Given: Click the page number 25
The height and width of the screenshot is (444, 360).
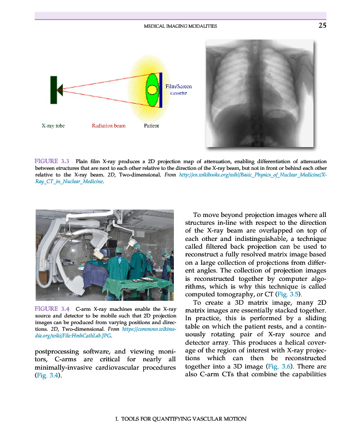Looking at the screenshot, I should (322, 25).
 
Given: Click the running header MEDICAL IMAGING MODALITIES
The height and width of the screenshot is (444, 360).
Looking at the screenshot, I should (180, 26).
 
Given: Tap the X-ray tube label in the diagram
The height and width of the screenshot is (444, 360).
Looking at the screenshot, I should (53, 125).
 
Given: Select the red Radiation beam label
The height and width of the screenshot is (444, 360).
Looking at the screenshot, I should (108, 125).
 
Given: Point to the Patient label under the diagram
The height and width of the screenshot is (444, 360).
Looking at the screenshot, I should (151, 125).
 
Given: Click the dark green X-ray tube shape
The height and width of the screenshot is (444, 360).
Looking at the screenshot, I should (54, 89).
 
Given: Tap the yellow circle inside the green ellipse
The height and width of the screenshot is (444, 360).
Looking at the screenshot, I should (151, 89).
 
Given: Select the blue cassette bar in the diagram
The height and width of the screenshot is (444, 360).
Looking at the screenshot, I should (161, 89).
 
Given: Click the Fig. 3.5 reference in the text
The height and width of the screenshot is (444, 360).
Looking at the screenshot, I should (288, 294).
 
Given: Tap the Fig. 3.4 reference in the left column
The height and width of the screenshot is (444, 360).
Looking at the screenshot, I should (47, 376).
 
